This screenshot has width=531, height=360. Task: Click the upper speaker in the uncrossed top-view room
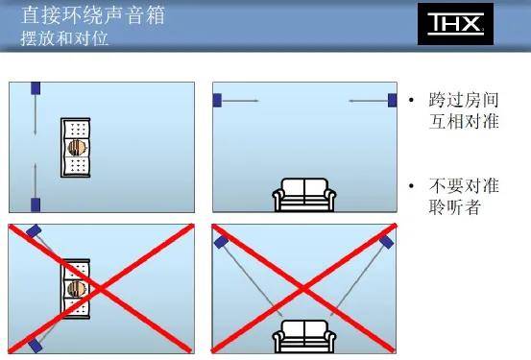[36, 87]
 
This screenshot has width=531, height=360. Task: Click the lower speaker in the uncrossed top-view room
[36, 204]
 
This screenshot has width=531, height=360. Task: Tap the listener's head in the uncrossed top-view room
[77, 148]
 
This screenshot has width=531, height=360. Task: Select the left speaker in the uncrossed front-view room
[217, 99]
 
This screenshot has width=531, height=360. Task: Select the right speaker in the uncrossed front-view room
[392, 99]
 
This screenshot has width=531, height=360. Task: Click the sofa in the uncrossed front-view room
[304, 195]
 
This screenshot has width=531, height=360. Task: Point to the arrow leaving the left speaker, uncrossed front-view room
[241, 99]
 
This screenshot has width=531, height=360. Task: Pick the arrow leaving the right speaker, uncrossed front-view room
[367, 99]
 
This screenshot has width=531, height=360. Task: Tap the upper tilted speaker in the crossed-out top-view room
[35, 231]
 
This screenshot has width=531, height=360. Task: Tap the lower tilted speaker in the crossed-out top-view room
[35, 343]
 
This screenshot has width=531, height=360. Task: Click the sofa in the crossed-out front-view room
[304, 338]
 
